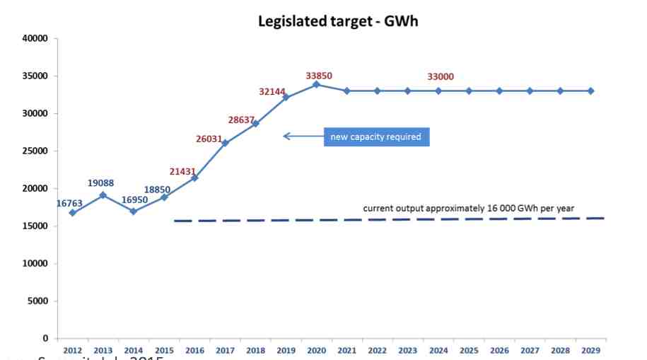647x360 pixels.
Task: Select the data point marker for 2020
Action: [x=316, y=84]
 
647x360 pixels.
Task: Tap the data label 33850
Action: [x=319, y=76]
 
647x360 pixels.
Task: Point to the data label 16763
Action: [x=69, y=204]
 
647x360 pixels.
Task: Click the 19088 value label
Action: [x=101, y=183]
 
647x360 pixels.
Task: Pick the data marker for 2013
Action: [x=103, y=194]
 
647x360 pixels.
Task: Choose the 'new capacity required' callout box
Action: [x=377, y=137]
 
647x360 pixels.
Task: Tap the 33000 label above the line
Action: [x=440, y=76]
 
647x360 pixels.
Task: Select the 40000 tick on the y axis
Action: [x=35, y=38]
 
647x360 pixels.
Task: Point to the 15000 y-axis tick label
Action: [x=35, y=226]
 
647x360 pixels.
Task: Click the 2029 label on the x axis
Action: [x=590, y=350]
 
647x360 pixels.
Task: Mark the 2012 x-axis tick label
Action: [x=71, y=350]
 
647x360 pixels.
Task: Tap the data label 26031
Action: [x=210, y=139]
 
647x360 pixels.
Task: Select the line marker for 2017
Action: [x=225, y=143]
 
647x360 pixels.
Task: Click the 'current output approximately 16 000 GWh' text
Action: [x=468, y=208]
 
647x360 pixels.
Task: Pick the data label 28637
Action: [x=241, y=120]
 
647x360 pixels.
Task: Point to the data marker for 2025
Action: [x=469, y=91]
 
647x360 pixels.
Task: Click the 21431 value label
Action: [x=182, y=172]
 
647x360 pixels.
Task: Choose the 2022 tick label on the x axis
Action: [x=377, y=350]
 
